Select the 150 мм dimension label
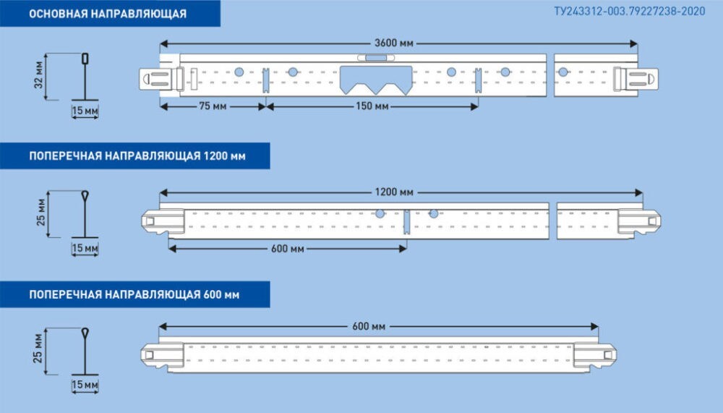pos(372,106)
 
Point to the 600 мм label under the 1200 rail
pos(287,249)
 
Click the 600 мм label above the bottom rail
pos(369,326)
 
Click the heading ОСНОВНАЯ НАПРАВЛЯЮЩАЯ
pos(108,14)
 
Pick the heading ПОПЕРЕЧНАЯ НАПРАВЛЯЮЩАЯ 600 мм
pos(134,294)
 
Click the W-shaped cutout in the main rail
pos(376,80)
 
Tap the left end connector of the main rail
pos(161,78)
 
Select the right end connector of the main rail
pos(635,78)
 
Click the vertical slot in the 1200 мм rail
pos(407,221)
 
